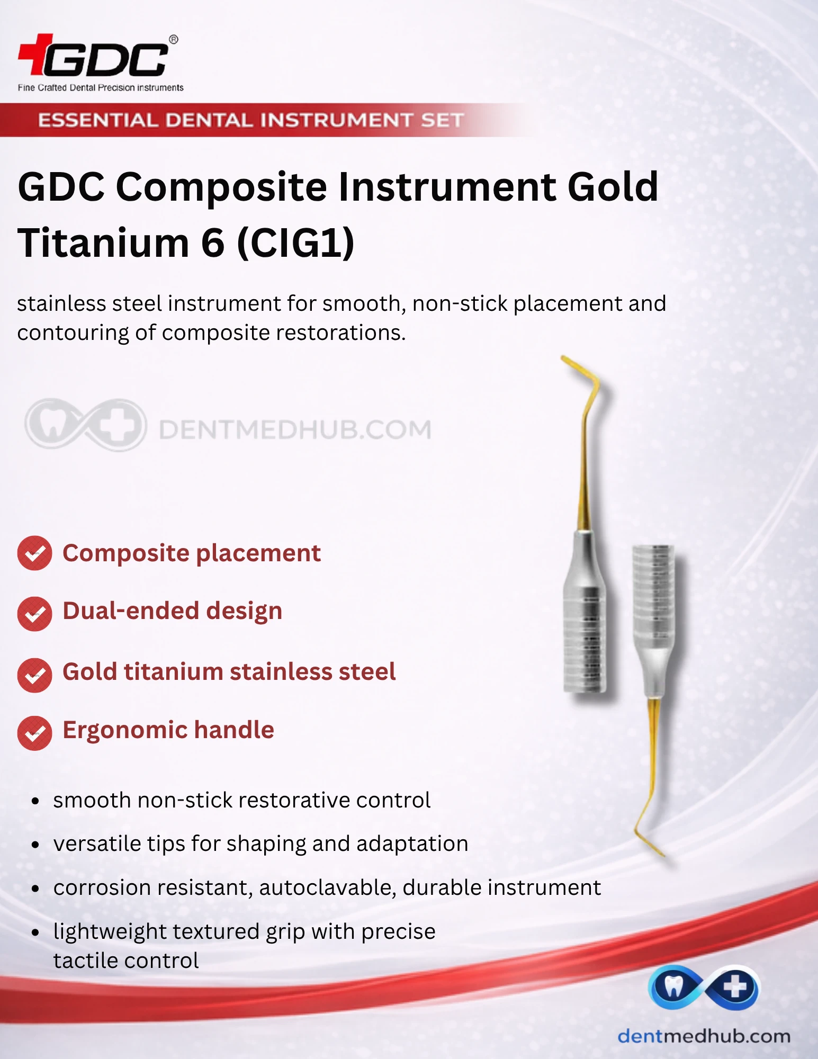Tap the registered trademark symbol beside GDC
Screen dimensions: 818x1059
coord(173,40)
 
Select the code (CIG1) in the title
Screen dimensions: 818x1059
coord(295,244)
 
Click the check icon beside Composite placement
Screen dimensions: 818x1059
coord(34,553)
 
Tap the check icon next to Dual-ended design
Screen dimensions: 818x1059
coord(34,614)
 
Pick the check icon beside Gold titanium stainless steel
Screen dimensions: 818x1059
coord(34,675)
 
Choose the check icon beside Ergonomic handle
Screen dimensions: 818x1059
coord(34,733)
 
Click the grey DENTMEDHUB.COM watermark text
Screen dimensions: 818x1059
coord(295,429)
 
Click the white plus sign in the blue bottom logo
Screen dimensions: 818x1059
coord(735,987)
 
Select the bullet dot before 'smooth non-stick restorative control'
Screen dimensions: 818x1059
coord(35,801)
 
